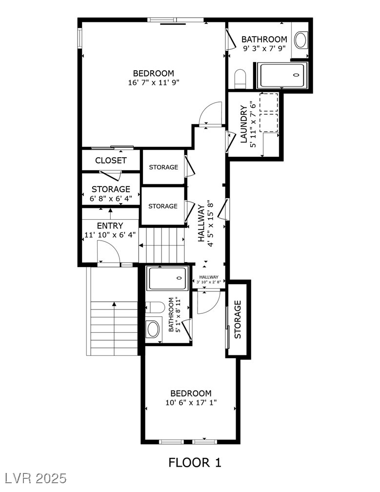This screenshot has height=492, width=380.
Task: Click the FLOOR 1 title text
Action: [x=194, y=462]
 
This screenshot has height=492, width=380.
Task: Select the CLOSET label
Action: [x=111, y=161]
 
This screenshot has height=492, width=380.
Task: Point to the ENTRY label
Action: [x=110, y=226]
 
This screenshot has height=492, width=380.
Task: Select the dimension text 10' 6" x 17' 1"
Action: [x=191, y=403]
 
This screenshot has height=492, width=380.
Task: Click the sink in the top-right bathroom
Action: [x=300, y=40]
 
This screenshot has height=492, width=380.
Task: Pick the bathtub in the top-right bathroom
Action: [x=282, y=75]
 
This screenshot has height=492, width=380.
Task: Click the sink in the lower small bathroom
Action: [x=153, y=329]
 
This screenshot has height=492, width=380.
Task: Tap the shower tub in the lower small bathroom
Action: [x=167, y=278]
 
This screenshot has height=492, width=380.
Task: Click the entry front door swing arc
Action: [x=108, y=253]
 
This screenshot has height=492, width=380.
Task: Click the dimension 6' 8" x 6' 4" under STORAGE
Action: [x=111, y=199]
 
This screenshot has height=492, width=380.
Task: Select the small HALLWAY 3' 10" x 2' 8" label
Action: [x=209, y=279]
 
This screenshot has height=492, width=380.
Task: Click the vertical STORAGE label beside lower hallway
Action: [x=238, y=319]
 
